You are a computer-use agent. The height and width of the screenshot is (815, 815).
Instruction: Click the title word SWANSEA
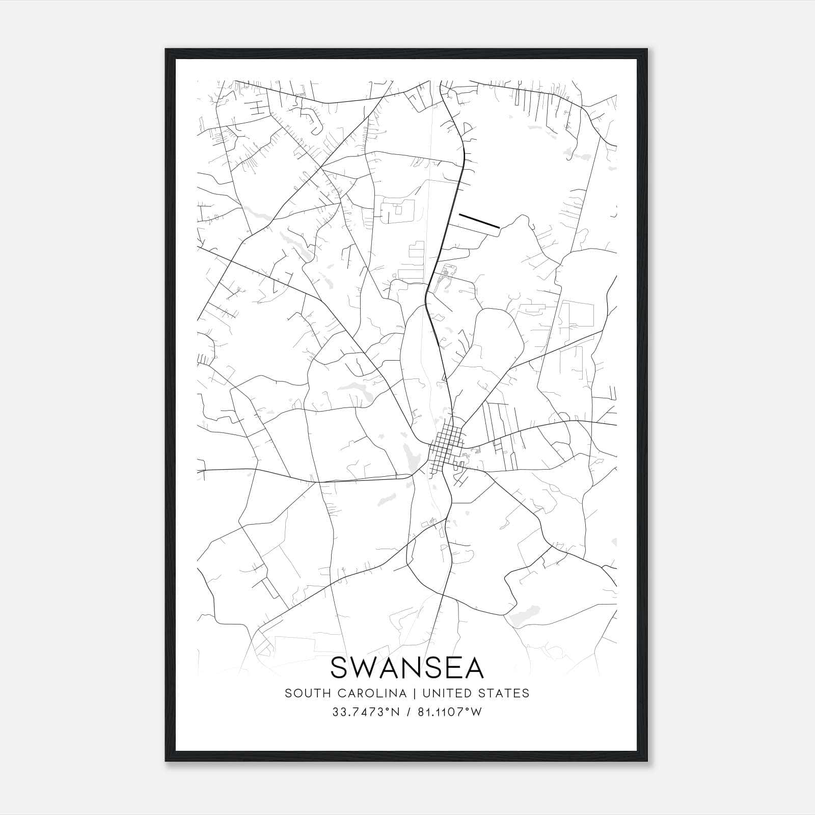(x=407, y=667)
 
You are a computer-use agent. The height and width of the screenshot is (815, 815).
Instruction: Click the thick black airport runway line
(x=479, y=220)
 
